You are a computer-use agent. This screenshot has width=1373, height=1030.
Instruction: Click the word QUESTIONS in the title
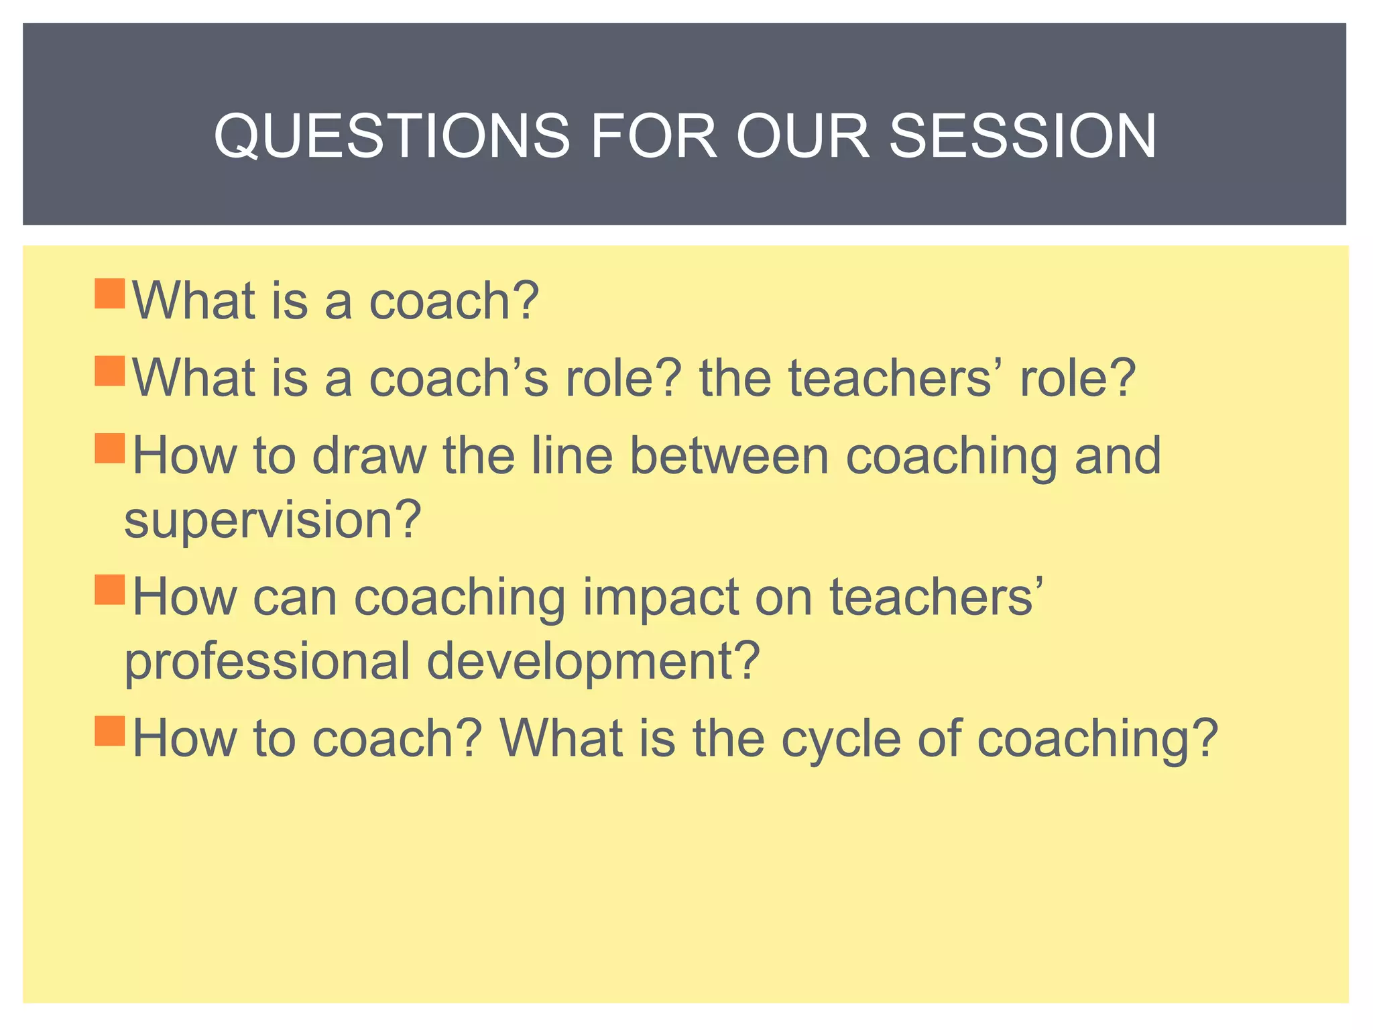[391, 136]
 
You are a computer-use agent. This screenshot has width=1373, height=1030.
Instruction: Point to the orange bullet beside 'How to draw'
[110, 448]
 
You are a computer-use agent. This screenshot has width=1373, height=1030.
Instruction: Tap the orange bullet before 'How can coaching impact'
[110, 589]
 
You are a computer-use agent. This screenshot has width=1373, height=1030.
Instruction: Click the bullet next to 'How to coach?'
[110, 730]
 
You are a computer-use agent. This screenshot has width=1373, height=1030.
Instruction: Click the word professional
[267, 661]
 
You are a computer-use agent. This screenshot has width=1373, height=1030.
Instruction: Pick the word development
[593, 661]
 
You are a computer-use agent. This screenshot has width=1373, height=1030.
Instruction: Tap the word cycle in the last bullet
[841, 738]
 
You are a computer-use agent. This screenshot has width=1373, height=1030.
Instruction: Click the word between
[729, 456]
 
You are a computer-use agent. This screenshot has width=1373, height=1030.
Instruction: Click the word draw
[369, 456]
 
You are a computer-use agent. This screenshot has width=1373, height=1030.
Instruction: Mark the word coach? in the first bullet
[454, 301]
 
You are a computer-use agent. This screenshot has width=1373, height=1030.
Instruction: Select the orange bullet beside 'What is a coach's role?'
[110, 371]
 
